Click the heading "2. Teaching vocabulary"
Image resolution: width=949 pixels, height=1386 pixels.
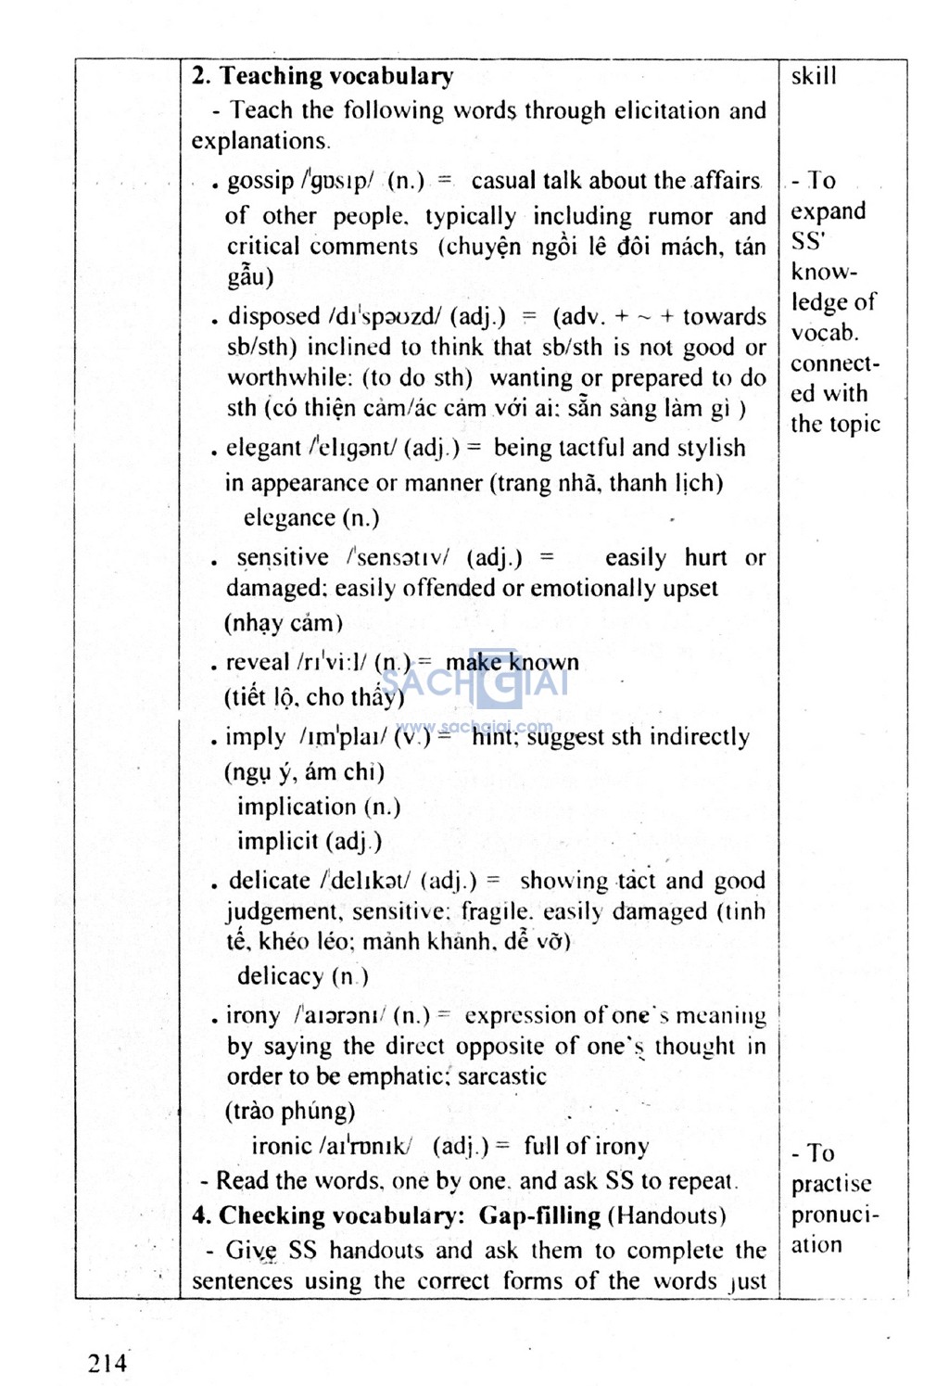[323, 76]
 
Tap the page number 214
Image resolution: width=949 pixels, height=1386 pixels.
[108, 1362]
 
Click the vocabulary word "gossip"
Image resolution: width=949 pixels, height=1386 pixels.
[260, 181]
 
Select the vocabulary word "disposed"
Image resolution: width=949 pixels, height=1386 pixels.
[274, 317]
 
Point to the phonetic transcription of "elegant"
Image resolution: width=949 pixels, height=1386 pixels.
[353, 449]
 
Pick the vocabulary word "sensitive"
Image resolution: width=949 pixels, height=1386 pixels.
[282, 558]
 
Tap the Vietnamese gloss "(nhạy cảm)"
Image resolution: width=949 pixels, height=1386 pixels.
[284, 623]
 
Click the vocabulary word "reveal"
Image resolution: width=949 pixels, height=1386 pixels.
[258, 663]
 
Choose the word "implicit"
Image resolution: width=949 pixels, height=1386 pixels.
[277, 842]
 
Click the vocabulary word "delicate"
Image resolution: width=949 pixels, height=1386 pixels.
[269, 881]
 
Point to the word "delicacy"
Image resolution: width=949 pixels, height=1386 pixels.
[280, 976]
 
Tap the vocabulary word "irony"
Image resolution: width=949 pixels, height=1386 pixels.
[253, 1016]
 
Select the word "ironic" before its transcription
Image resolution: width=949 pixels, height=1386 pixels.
[282, 1147]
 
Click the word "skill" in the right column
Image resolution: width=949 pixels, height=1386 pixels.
[814, 76]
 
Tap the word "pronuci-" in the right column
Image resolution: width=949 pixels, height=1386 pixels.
[835, 1215]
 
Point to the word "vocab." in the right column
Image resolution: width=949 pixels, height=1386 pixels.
[824, 333]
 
